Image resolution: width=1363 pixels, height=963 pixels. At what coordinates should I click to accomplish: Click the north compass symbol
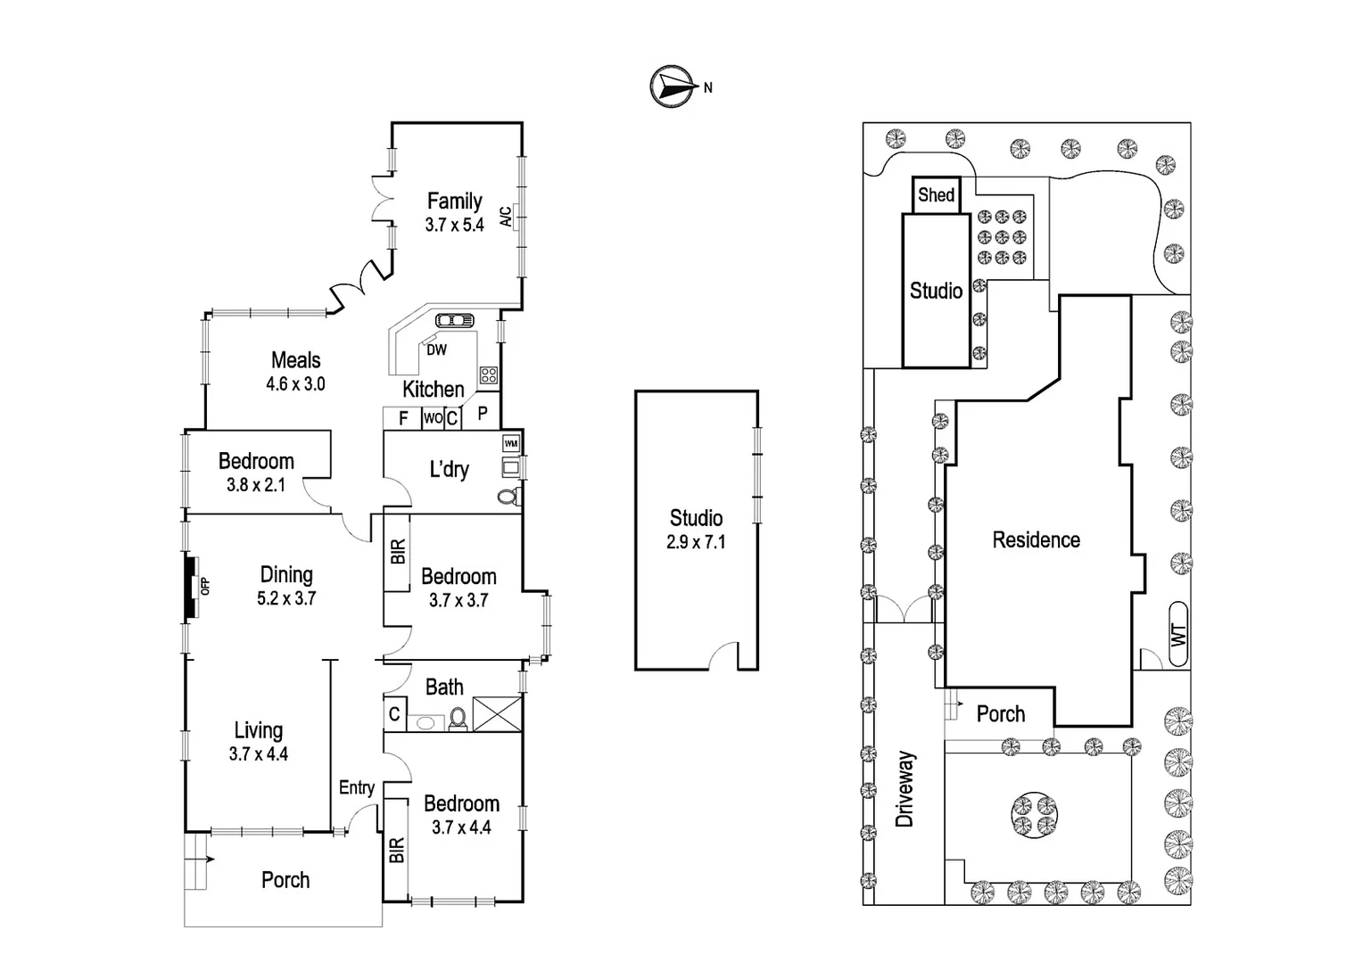(x=673, y=86)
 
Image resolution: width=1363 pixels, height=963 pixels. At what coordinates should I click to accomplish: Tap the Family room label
(x=454, y=202)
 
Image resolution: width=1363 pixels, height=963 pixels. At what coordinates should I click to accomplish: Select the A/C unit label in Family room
(x=506, y=217)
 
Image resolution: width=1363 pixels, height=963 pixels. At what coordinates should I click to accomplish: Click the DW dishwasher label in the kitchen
(x=436, y=350)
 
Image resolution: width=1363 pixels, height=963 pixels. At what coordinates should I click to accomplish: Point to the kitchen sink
(x=455, y=321)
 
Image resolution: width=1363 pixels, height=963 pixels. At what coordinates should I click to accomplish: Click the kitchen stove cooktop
(x=489, y=375)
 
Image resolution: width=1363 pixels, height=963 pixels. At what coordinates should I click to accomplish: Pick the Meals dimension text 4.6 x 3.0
(x=295, y=384)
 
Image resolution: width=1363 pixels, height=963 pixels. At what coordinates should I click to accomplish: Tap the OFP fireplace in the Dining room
(x=194, y=587)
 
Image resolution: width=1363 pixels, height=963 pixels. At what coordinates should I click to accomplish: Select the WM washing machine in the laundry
(x=511, y=443)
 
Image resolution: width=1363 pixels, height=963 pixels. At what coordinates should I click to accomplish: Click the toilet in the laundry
(x=508, y=497)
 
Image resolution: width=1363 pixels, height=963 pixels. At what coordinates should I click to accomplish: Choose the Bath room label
(x=444, y=687)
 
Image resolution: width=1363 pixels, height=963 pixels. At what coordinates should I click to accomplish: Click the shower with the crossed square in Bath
(x=495, y=714)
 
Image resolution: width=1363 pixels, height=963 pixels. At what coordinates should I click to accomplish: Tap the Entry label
(x=357, y=787)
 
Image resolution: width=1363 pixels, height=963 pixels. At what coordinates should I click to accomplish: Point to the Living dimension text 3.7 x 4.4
(x=258, y=754)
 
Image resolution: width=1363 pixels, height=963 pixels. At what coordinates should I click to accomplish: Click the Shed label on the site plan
(x=937, y=195)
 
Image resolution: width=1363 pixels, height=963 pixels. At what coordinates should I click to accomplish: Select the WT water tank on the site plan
(x=1178, y=636)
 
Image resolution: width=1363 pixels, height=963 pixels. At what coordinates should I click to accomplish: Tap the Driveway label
(x=905, y=789)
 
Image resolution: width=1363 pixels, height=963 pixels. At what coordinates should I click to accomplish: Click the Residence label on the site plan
(x=1036, y=539)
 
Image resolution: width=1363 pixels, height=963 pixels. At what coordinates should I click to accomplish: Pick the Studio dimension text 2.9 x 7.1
(x=696, y=542)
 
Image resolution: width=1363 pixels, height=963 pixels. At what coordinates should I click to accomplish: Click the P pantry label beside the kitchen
(x=483, y=414)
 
